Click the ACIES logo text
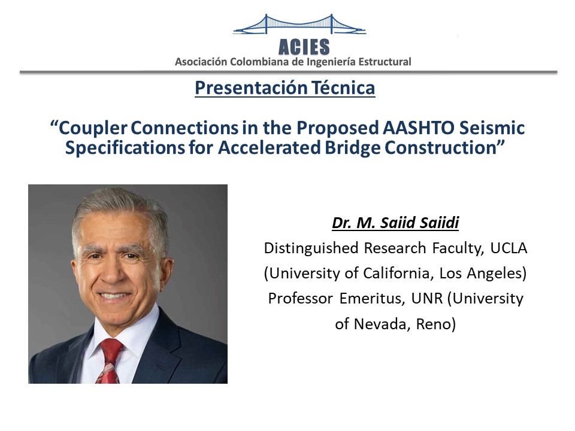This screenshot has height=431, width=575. pyautogui.click(x=304, y=47)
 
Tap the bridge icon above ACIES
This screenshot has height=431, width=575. pyautogui.click(x=299, y=25)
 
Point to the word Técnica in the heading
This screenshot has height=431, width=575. pyautogui.click(x=343, y=87)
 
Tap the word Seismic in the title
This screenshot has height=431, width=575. pyautogui.click(x=492, y=128)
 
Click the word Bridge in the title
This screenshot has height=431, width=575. pyautogui.click(x=353, y=148)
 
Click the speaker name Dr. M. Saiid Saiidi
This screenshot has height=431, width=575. pyautogui.click(x=395, y=223)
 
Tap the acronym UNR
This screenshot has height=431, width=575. pyautogui.click(x=427, y=298)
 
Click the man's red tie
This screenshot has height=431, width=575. pyautogui.click(x=110, y=361)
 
